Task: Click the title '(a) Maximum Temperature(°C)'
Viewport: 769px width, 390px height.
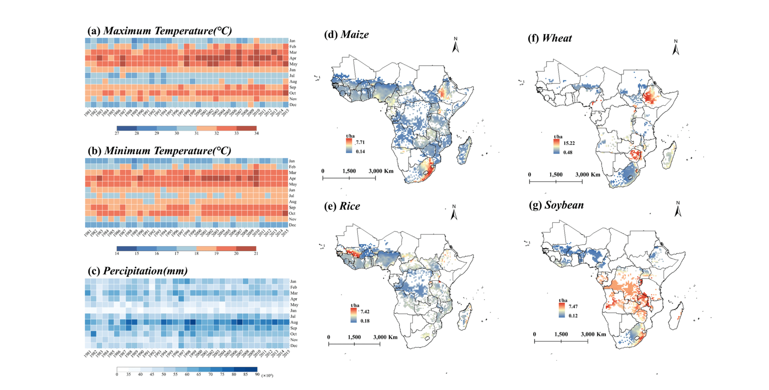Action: click(159, 31)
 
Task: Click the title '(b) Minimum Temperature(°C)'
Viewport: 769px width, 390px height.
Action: click(159, 151)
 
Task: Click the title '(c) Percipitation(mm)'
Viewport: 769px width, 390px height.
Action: click(138, 271)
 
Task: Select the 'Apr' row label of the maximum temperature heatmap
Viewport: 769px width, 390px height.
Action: click(293, 58)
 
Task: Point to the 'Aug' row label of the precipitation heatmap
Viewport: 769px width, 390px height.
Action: click(294, 322)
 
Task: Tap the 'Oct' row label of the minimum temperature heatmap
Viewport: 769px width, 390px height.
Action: click(292, 213)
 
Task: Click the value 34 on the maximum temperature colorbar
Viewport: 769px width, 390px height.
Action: click(256, 133)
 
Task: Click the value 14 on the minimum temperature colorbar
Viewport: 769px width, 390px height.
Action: click(117, 254)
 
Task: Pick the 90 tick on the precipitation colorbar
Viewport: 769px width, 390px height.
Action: click(257, 375)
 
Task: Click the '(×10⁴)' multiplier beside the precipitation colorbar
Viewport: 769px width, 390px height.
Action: click(267, 375)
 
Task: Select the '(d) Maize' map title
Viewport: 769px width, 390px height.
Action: click(346, 34)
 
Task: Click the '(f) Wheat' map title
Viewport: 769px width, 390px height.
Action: click(550, 38)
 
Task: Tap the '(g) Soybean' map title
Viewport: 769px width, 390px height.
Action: click(556, 205)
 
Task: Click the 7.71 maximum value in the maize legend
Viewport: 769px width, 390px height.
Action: click(360, 142)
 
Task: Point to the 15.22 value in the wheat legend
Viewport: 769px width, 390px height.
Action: click(569, 143)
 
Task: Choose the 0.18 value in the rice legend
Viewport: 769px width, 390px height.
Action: click(365, 321)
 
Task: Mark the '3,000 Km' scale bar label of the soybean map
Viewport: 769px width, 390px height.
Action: click(593, 334)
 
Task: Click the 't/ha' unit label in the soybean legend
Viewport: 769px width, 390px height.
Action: click(563, 300)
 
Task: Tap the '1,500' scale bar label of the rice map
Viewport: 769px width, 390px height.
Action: click(354, 337)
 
